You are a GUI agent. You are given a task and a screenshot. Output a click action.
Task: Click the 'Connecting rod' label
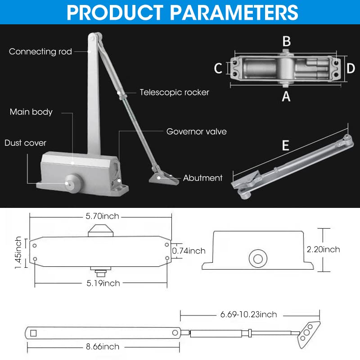(40, 52)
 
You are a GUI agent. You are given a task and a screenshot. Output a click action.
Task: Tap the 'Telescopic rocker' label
(174, 92)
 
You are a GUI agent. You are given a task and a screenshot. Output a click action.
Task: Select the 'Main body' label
(31, 112)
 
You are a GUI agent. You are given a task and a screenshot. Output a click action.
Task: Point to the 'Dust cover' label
(26, 143)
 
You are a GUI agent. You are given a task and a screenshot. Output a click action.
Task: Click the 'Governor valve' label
(197, 132)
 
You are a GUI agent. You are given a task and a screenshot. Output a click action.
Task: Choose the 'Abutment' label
(202, 178)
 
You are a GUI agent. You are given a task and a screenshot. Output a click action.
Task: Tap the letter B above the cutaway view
(286, 41)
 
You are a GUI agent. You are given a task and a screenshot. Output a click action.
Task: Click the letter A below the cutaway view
(286, 96)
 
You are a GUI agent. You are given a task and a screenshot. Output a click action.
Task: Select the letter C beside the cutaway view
(218, 68)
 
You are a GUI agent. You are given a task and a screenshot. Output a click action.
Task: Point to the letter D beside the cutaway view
(351, 68)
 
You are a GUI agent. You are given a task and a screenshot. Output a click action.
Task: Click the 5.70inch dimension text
(103, 216)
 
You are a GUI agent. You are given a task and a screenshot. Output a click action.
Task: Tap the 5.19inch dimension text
(103, 283)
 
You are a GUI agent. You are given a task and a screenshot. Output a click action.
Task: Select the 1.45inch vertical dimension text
(18, 253)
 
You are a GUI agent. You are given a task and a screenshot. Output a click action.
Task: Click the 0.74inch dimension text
(189, 251)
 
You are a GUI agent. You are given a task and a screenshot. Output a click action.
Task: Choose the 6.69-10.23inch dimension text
(249, 314)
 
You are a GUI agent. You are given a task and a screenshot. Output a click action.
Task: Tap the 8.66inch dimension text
(103, 346)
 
